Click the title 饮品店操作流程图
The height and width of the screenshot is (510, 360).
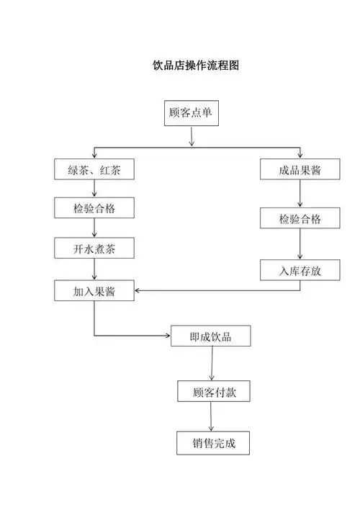click(x=196, y=65)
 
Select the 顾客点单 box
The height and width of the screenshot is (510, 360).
click(x=190, y=114)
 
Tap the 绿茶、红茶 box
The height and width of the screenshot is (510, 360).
click(x=94, y=170)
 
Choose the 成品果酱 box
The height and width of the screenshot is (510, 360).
click(x=300, y=170)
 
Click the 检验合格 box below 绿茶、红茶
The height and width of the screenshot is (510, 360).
click(x=94, y=208)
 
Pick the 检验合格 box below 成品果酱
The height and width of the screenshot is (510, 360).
click(x=300, y=219)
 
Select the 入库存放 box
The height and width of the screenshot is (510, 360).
click(x=300, y=270)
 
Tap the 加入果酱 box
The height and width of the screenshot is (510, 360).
click(x=94, y=291)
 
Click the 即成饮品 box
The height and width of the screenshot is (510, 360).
click(x=210, y=336)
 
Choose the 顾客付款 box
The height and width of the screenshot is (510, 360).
click(x=210, y=392)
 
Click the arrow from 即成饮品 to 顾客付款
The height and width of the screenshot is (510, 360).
click(x=211, y=364)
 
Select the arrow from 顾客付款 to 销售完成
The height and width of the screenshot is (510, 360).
click(x=211, y=417)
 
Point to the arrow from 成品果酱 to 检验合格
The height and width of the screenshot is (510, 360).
click(x=300, y=194)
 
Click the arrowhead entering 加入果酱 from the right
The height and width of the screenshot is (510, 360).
click(x=138, y=291)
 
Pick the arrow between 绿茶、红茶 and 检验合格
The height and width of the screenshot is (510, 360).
click(x=95, y=189)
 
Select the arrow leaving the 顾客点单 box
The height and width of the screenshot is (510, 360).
click(x=191, y=137)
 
